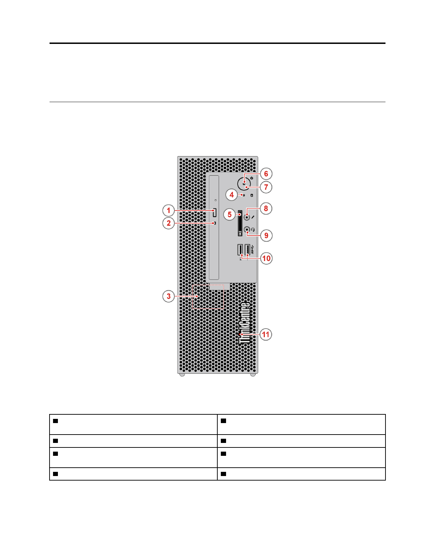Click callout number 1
click(x=168, y=210)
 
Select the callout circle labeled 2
click(x=168, y=223)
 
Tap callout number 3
click(x=168, y=296)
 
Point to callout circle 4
click(x=232, y=194)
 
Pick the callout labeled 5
click(x=230, y=214)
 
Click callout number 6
click(x=266, y=174)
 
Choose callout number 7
click(x=266, y=187)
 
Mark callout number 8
click(x=266, y=208)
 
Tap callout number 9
click(x=266, y=236)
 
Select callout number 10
click(x=266, y=258)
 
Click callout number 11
click(x=266, y=335)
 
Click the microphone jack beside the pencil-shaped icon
click(x=247, y=217)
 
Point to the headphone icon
click(x=253, y=230)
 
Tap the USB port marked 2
click(x=240, y=250)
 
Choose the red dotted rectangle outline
click(x=208, y=297)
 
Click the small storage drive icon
click(x=252, y=195)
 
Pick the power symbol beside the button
click(x=252, y=178)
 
